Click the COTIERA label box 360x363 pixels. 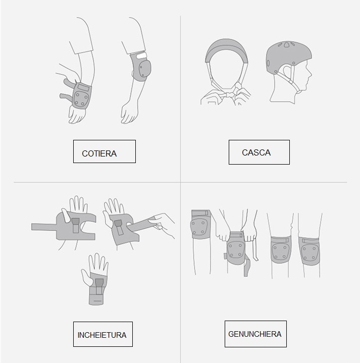click(105, 151)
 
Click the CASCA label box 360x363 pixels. click(259, 152)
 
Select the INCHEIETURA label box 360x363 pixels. click(103, 334)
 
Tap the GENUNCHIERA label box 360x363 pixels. click(255, 334)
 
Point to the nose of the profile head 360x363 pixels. click(310, 75)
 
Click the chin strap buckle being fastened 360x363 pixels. click(229, 95)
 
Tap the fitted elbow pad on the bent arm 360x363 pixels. click(140, 67)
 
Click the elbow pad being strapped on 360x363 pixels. click(81, 95)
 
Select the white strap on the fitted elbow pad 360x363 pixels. click(141, 56)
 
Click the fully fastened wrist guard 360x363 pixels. click(98, 288)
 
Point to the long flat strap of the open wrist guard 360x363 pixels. click(44, 227)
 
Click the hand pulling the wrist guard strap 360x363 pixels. click(163, 225)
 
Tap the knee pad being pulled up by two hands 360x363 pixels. click(236, 248)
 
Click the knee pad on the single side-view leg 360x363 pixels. click(201, 225)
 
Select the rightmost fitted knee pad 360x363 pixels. click(309, 251)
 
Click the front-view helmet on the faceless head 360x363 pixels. click(226, 50)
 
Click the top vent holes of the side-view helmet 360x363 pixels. click(287, 44)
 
